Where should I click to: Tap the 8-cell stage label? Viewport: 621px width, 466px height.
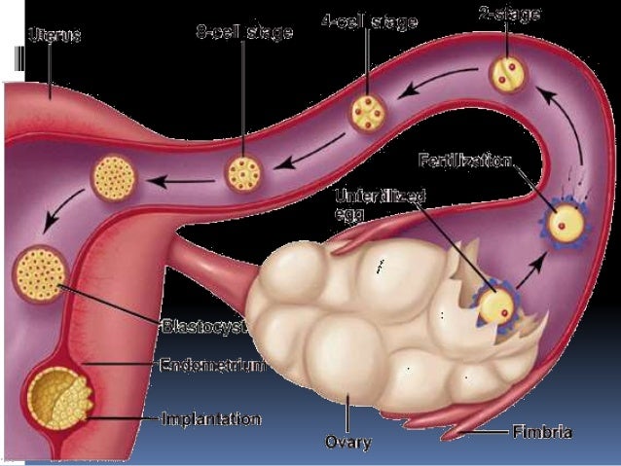pyautogui.click(x=244, y=33)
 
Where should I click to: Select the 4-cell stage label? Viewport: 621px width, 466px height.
pyautogui.click(x=369, y=21)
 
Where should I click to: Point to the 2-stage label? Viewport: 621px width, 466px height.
pyautogui.click(x=510, y=15)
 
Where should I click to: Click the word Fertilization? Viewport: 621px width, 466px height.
pyautogui.click(x=466, y=159)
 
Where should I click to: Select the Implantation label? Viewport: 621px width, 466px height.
pyautogui.click(x=211, y=420)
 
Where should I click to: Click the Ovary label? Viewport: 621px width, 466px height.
pyautogui.click(x=347, y=442)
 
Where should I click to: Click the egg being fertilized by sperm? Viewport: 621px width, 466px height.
pyautogui.click(x=563, y=224)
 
